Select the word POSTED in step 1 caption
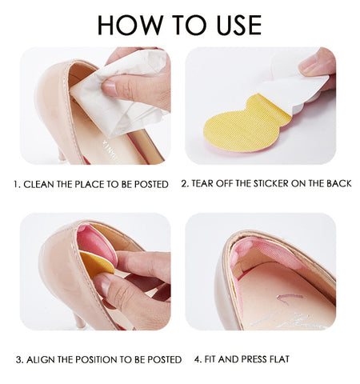150,184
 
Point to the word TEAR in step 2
203,184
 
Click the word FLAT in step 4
275,359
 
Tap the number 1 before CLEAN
16,184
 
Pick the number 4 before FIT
196,359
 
